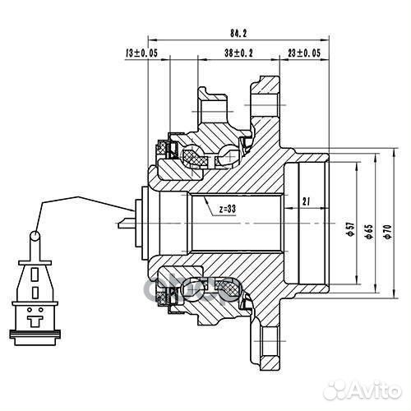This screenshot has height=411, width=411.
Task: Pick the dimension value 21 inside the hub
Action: coord(305,201)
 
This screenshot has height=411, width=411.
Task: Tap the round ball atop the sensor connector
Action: coord(35,237)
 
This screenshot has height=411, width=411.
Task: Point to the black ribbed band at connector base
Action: coord(35,334)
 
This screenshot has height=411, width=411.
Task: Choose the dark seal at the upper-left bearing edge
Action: coord(172,149)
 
